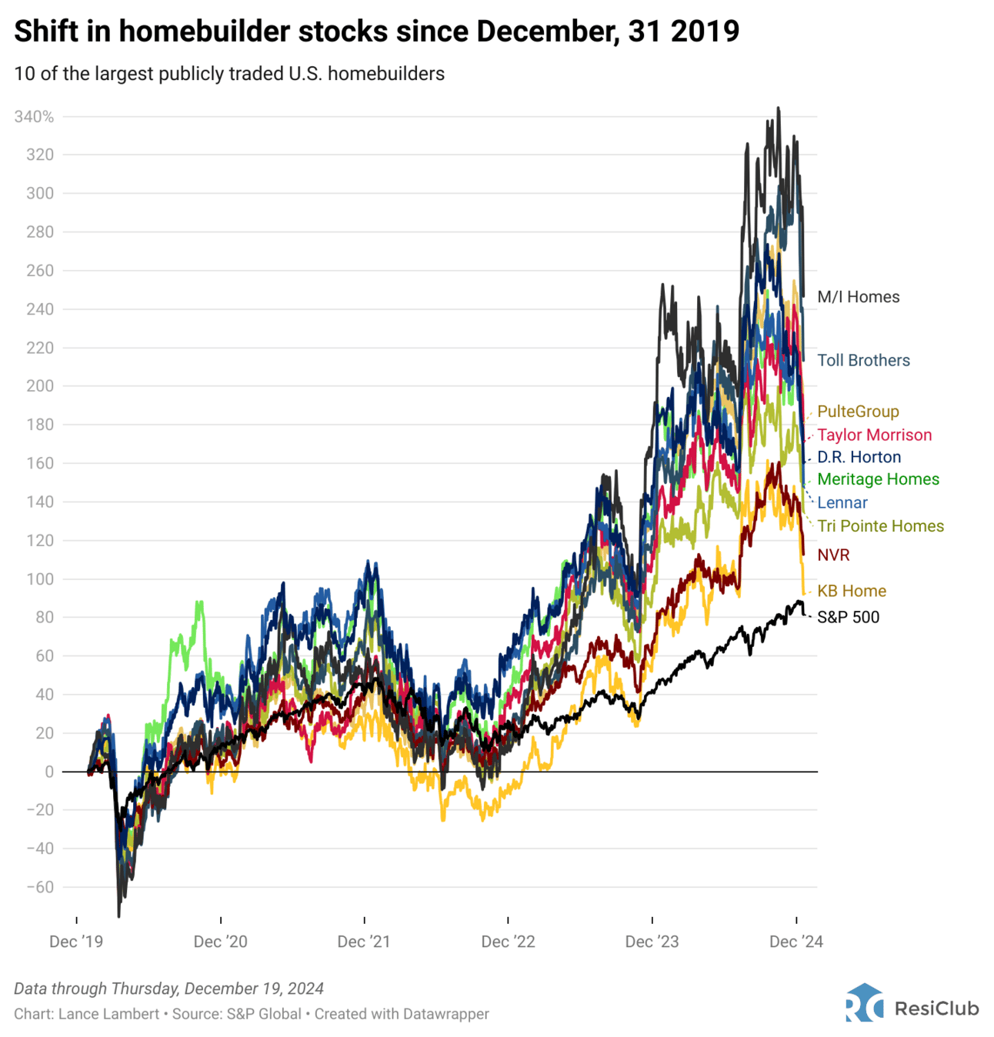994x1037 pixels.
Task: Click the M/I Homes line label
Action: coord(858,297)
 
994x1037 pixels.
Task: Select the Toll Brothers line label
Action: coord(863,360)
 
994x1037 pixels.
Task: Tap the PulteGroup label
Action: coord(858,412)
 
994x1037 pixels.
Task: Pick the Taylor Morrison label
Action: coord(874,435)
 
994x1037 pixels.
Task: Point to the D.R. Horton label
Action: coord(859,457)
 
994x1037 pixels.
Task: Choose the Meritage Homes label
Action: coord(878,479)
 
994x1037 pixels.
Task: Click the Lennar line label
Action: coord(842,502)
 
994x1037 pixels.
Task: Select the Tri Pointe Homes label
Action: coord(880,526)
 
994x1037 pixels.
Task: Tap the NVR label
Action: coord(833,555)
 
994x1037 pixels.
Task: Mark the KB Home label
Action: coord(852,591)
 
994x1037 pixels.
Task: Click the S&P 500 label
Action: coord(848,617)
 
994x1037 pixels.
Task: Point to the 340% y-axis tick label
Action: coord(35,117)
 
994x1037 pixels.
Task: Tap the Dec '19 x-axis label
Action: coord(76,942)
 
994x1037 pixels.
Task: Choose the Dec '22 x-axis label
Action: coord(508,942)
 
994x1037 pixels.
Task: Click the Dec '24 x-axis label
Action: coord(796,942)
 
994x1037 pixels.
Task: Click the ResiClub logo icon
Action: coord(865,1003)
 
